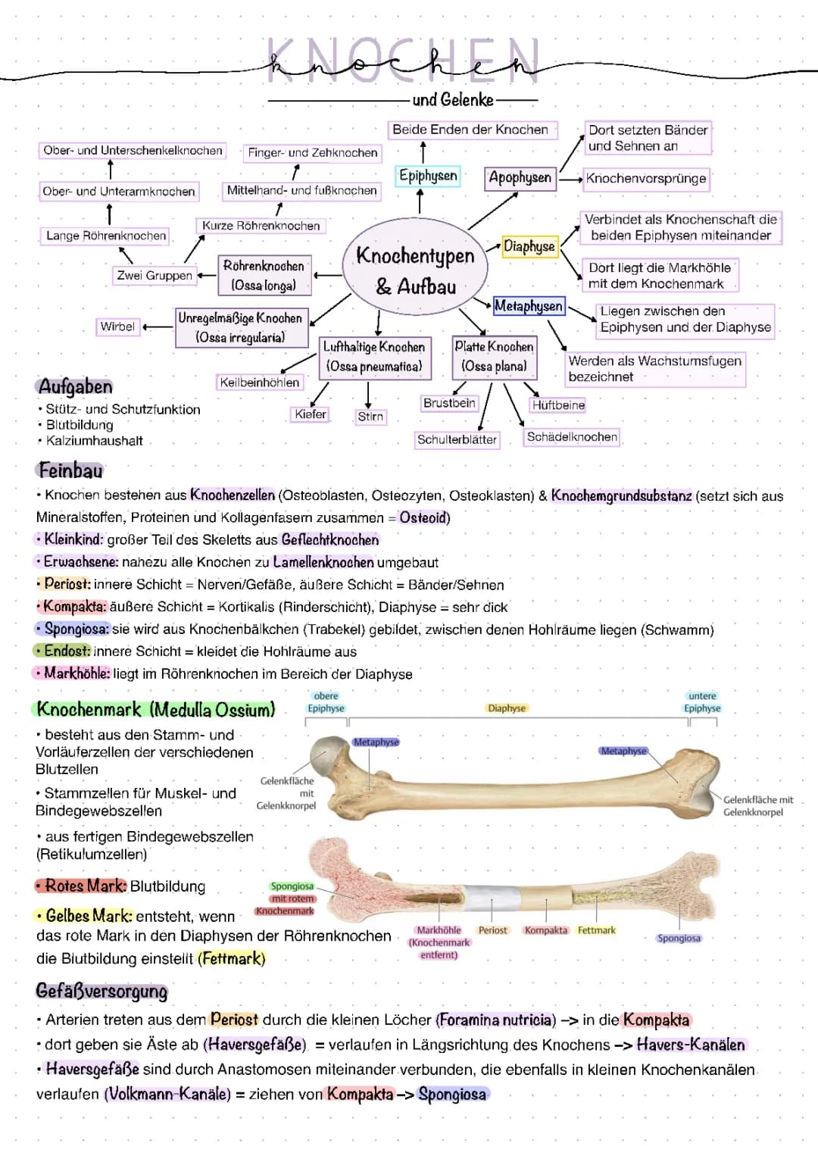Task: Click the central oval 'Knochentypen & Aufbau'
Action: pos(415,270)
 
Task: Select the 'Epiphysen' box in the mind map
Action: pos(428,176)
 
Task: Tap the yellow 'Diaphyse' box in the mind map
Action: pos(529,246)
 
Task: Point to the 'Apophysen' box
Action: pos(520,178)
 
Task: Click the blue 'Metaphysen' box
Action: pos(529,306)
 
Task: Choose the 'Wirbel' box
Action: pos(117,326)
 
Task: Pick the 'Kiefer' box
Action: pos(311,414)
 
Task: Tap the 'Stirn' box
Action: pos(370,417)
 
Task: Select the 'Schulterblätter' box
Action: pos(457,439)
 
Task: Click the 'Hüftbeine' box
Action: pos(558,405)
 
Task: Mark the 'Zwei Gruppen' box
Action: pos(155,276)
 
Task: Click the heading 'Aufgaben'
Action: pos(75,386)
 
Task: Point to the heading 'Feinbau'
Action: pos(70,470)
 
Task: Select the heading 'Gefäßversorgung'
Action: pos(101,991)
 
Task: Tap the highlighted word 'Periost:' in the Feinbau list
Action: pos(67,584)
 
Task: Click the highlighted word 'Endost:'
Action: pos(66,651)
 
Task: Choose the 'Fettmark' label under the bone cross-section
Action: pos(596,930)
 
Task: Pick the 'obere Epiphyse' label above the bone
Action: pos(326,702)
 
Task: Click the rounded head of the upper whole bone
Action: pos(330,755)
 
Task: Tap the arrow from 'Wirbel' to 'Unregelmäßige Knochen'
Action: pos(158,327)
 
